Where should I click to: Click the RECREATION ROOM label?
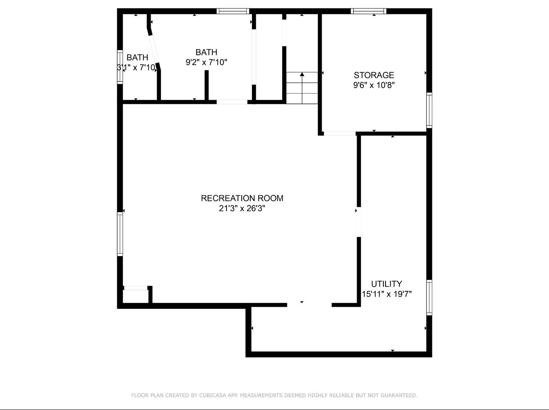tap(242, 198)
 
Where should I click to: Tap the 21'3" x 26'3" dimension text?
tap(242, 208)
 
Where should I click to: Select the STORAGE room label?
tap(374, 75)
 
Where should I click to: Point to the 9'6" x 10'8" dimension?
tap(374, 85)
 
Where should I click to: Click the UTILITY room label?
tap(387, 284)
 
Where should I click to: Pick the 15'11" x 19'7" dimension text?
tap(387, 294)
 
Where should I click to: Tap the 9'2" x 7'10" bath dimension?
tap(206, 62)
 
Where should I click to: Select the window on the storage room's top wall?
tap(369, 11)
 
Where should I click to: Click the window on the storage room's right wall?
tap(429, 110)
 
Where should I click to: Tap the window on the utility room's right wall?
tap(429, 297)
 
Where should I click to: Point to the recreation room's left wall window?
tap(120, 234)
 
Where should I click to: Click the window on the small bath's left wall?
tap(120, 67)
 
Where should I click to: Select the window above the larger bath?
tap(233, 11)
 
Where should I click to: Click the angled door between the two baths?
tap(154, 49)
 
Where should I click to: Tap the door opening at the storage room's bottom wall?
tap(340, 134)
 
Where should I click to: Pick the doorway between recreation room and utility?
tap(359, 222)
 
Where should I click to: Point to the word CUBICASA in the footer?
tap(213, 395)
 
